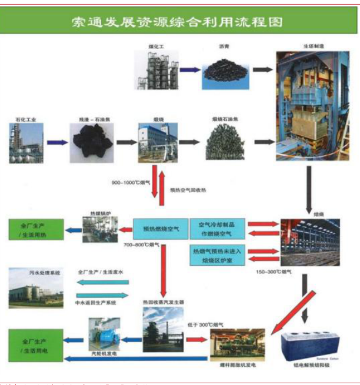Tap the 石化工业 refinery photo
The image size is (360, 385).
point(26,143)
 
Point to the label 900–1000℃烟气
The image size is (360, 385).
point(131,183)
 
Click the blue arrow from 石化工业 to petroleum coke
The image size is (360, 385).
point(58,142)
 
